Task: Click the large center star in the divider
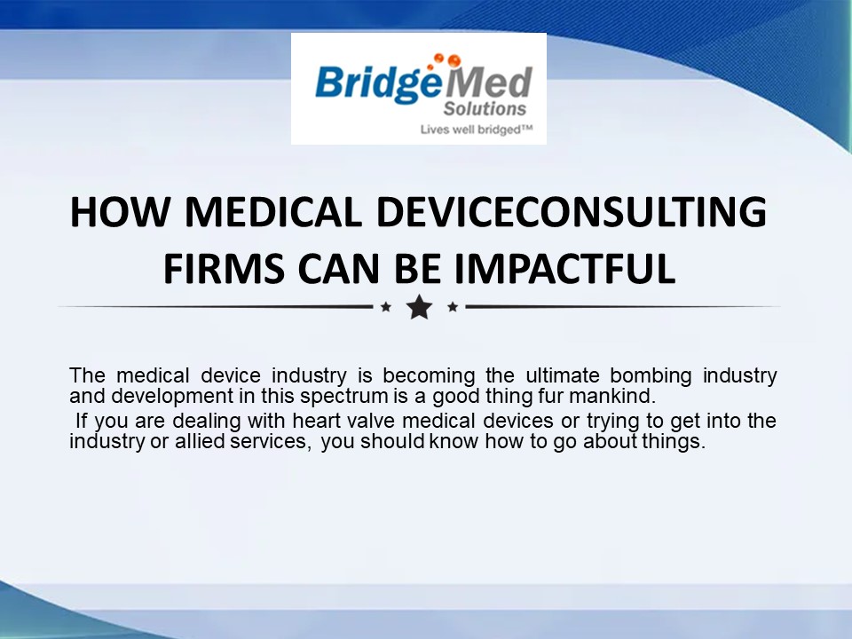pyautogui.click(x=419, y=307)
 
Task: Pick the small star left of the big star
pyautogui.click(x=385, y=307)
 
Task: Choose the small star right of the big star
pyautogui.click(x=453, y=307)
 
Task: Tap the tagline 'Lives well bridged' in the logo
pyautogui.click(x=474, y=130)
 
